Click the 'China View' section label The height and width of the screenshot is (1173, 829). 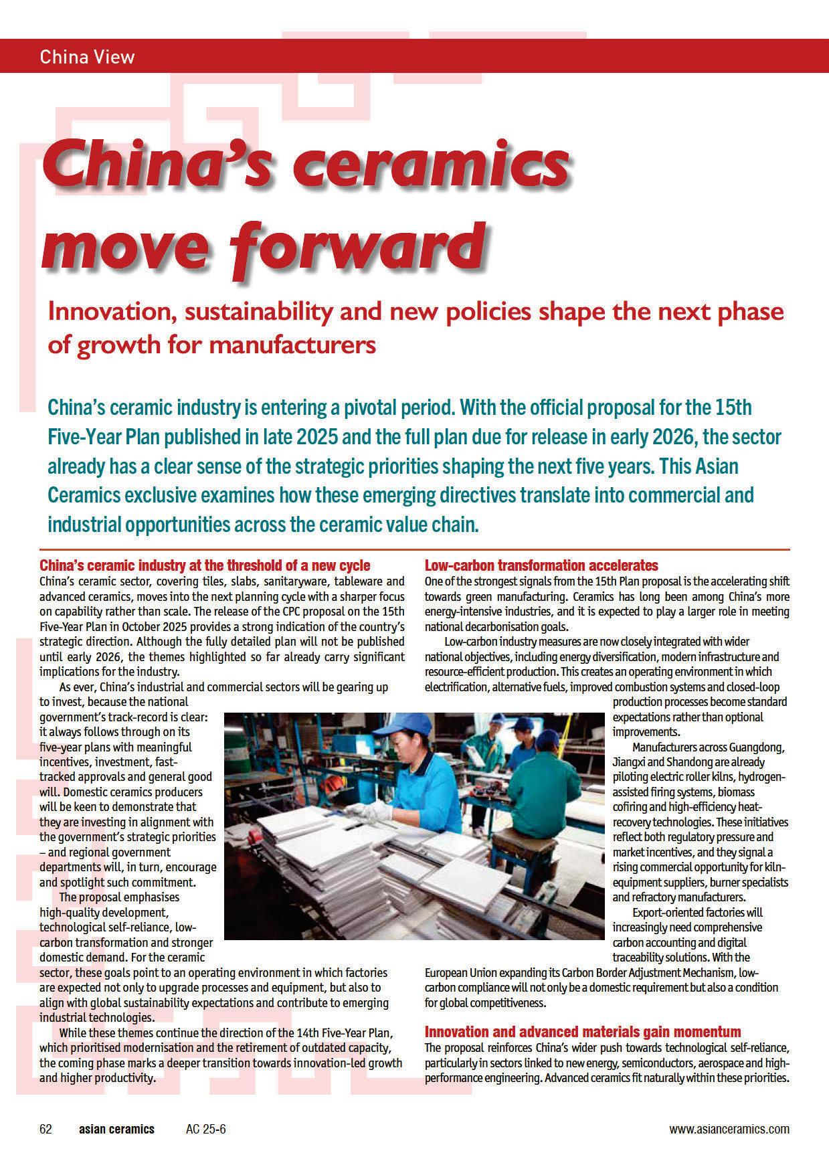point(87,56)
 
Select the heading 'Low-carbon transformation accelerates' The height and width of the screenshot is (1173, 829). point(541,565)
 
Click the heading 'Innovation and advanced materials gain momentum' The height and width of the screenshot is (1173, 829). point(583,1031)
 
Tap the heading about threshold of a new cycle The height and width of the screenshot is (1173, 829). point(205,565)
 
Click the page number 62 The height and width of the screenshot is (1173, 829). point(45,1129)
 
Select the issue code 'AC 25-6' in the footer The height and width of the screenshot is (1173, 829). point(206,1129)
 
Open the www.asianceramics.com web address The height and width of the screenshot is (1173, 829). point(729,1129)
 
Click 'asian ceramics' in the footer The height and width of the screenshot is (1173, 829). point(116,1129)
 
